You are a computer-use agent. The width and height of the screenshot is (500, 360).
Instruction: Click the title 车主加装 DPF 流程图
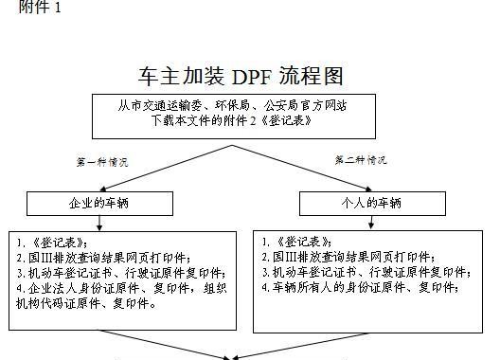[x=240, y=76]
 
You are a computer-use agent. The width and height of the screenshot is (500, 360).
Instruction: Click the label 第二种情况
[x=360, y=160]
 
